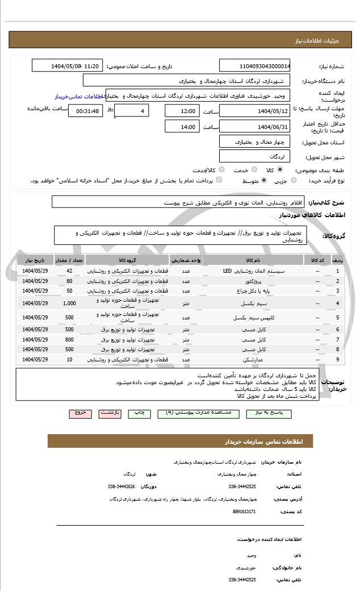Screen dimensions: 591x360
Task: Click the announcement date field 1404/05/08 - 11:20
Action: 68,66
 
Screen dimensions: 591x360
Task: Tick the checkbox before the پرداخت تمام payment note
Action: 219,180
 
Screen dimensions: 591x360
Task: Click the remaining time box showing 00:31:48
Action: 85,111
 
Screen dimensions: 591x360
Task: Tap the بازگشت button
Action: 110,413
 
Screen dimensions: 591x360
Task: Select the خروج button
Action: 80,413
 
